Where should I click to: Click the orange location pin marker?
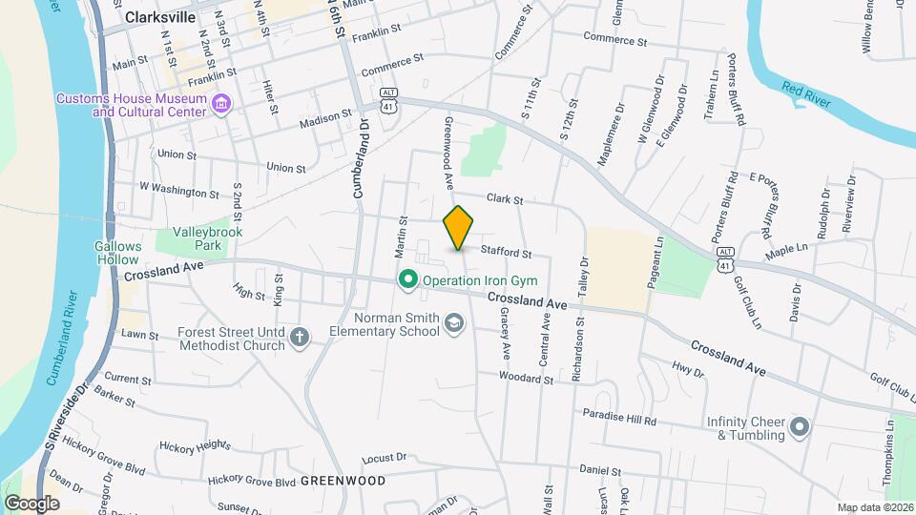click(x=459, y=229)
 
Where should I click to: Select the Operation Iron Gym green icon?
click(x=408, y=280)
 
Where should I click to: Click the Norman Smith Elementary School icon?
click(x=453, y=325)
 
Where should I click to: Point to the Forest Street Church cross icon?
click(x=300, y=338)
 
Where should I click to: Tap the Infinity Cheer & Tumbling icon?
click(x=800, y=426)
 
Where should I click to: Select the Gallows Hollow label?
click(x=118, y=253)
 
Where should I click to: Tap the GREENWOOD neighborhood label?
click(x=343, y=482)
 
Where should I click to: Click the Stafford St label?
click(x=506, y=253)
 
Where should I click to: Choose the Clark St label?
click(x=505, y=199)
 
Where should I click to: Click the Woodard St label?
click(x=526, y=379)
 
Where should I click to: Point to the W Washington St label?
click(x=178, y=190)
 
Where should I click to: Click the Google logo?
click(x=31, y=503)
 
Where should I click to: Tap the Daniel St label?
click(x=600, y=471)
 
